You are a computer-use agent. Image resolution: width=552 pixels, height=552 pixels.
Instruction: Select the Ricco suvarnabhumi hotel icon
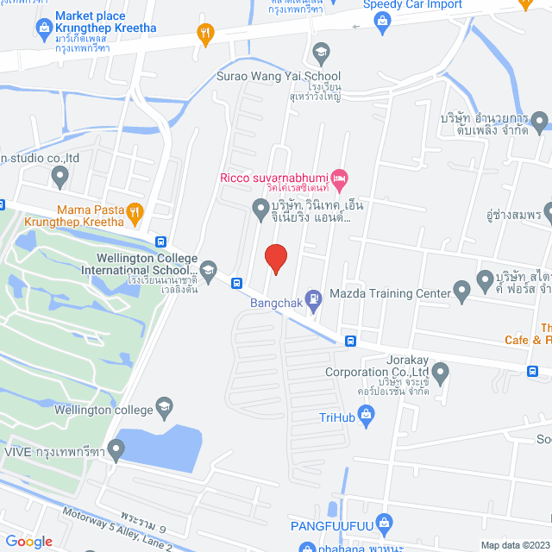tap(340, 179)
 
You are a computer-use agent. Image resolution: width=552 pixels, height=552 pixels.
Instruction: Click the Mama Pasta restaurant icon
tap(134, 210)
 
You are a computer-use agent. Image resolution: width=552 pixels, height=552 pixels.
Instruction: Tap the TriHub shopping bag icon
tap(367, 416)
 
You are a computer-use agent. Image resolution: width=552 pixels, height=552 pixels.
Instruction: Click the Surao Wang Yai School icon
tap(321, 52)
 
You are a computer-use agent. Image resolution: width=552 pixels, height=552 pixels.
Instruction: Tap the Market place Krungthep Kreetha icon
tap(43, 28)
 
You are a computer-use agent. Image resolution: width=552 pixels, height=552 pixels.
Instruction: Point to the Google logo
tap(28, 541)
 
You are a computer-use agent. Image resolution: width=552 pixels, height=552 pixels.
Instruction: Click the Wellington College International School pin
tap(209, 261)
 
